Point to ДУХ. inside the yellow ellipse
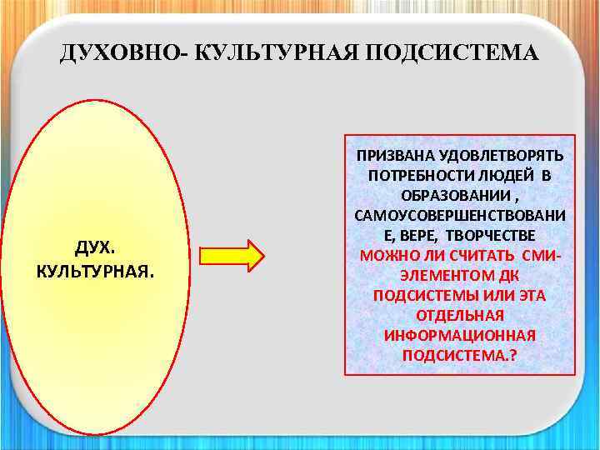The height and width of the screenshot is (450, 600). tap(95, 248)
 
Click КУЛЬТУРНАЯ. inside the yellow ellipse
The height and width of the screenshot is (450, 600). tap(95, 272)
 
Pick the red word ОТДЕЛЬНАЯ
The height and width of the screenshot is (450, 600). tap(460, 315)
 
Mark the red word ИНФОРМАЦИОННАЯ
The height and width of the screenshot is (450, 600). tap(460, 335)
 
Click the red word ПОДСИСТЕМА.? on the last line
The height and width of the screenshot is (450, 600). tap(460, 355)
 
